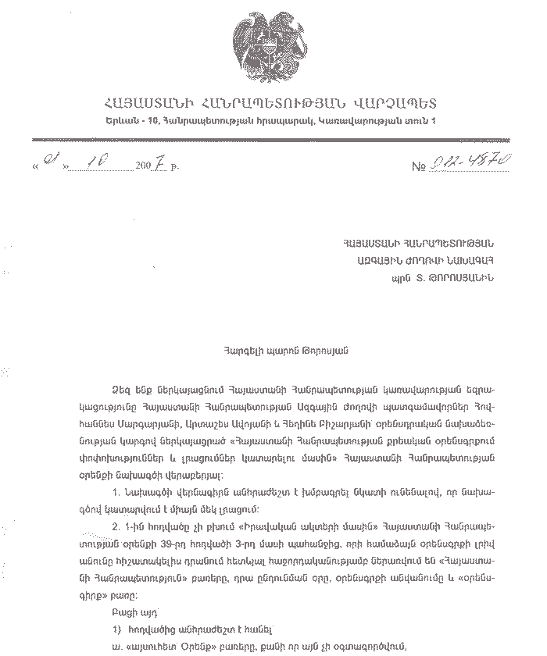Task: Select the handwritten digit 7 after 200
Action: click(159, 164)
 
